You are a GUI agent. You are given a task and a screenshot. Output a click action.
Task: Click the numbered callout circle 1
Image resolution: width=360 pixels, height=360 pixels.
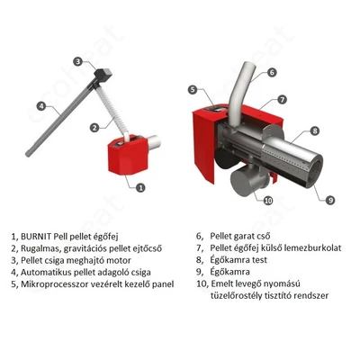[140, 188]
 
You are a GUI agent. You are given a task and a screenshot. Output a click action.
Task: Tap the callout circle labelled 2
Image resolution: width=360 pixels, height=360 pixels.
[94, 128]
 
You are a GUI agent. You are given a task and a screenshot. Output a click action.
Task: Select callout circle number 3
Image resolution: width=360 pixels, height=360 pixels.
[78, 62]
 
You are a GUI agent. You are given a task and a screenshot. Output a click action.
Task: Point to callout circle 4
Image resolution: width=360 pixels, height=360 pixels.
[41, 105]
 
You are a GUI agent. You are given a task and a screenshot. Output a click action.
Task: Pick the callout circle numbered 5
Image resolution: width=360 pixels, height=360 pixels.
[193, 89]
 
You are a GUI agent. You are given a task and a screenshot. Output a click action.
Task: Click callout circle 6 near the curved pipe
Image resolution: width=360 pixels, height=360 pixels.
[272, 72]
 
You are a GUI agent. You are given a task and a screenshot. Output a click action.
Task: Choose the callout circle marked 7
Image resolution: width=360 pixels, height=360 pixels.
[282, 99]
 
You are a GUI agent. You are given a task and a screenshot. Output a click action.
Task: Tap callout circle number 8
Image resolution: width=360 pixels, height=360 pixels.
[314, 130]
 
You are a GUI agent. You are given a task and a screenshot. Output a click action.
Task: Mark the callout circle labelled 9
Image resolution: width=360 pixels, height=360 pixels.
[330, 200]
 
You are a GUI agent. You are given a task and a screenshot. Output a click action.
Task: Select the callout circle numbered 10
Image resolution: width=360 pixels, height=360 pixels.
[268, 200]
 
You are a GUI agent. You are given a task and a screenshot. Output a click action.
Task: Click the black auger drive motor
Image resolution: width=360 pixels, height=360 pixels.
[103, 75]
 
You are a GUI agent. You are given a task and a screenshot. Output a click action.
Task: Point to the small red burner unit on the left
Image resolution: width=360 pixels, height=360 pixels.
[128, 156]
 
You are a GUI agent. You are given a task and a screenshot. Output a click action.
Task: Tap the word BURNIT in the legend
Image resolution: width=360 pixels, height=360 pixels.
[36, 237]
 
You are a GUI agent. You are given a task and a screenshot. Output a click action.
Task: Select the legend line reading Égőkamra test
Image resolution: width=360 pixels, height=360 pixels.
[238, 259]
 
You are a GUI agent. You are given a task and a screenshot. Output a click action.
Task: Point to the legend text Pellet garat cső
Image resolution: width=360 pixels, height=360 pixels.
[240, 236]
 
